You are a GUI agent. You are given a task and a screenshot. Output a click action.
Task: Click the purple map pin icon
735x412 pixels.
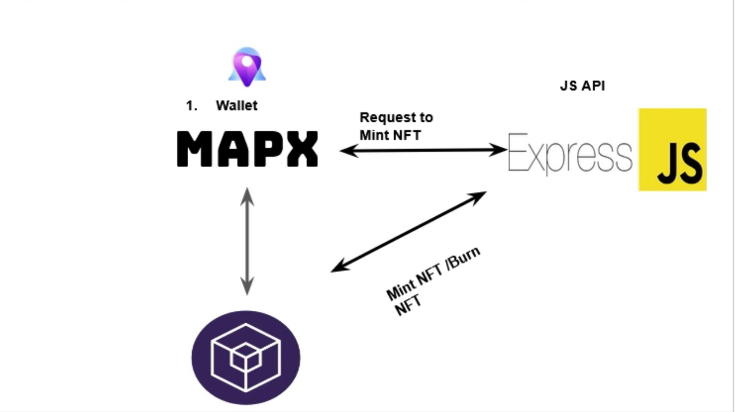[247, 67]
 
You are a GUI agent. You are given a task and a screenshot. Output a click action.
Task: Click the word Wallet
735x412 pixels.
[236, 105]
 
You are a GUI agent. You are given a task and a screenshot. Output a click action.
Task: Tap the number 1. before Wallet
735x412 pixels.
[192, 106]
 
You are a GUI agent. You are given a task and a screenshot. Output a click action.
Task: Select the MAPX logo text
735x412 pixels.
[248, 149]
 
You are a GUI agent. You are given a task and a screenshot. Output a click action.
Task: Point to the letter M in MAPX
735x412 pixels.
[194, 149]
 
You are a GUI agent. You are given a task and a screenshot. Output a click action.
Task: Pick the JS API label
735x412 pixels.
[582, 86]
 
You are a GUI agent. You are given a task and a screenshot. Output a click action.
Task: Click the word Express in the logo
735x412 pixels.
[570, 153]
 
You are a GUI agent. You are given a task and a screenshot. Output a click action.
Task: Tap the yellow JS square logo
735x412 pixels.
[672, 150]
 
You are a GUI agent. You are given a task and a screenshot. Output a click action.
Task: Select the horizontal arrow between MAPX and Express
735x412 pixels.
[423, 150]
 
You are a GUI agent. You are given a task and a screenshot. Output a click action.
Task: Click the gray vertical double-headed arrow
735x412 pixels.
[247, 241]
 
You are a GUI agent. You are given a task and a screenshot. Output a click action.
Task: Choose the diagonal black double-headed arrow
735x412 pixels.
[408, 231]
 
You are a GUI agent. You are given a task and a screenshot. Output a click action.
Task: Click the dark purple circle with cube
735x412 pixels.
[246, 357]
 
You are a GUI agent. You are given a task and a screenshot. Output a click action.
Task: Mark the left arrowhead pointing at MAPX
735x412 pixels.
[345, 151]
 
